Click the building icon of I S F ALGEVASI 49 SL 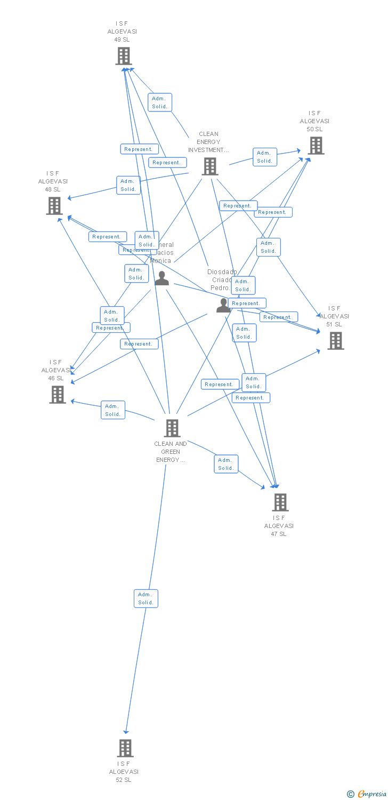coord(124,56)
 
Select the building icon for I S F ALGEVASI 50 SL coord(316,146)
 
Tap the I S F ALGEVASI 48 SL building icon coord(54,206)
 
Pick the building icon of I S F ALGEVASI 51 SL coord(335,341)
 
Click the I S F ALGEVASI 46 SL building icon coord(58,395)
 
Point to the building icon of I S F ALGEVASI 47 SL coord(280,502)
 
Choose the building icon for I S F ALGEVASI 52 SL coord(125,748)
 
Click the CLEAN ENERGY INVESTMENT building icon coord(210,166)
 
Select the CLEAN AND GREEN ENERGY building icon coord(172,428)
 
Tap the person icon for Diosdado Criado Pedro coord(223,306)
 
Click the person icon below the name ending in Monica coord(161,278)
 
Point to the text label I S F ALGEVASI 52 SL coord(124,772)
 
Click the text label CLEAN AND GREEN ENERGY coord(171,452)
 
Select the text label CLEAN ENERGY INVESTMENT coord(208,142)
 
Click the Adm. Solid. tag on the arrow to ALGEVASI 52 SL coord(145,598)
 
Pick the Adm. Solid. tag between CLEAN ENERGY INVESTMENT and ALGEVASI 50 coord(265,157)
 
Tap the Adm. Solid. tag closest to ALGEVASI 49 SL coord(160,102)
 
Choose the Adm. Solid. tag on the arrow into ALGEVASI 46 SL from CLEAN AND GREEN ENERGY coord(113,410)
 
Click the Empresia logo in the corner coord(367,794)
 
